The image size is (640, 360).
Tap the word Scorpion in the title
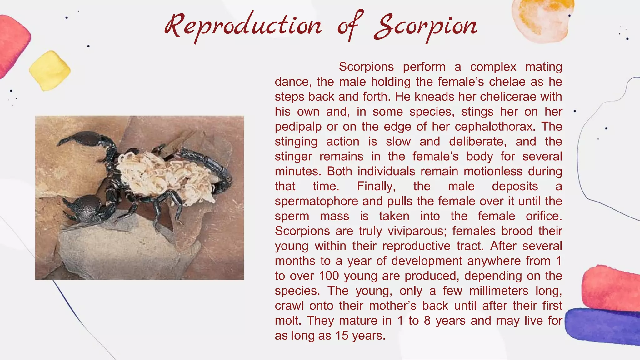pos(426,26)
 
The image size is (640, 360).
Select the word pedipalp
pos(298,127)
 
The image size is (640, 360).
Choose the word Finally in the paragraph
pos(376,186)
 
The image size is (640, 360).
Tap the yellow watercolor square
pos(50,71)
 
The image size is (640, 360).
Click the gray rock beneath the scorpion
pos(125,250)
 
